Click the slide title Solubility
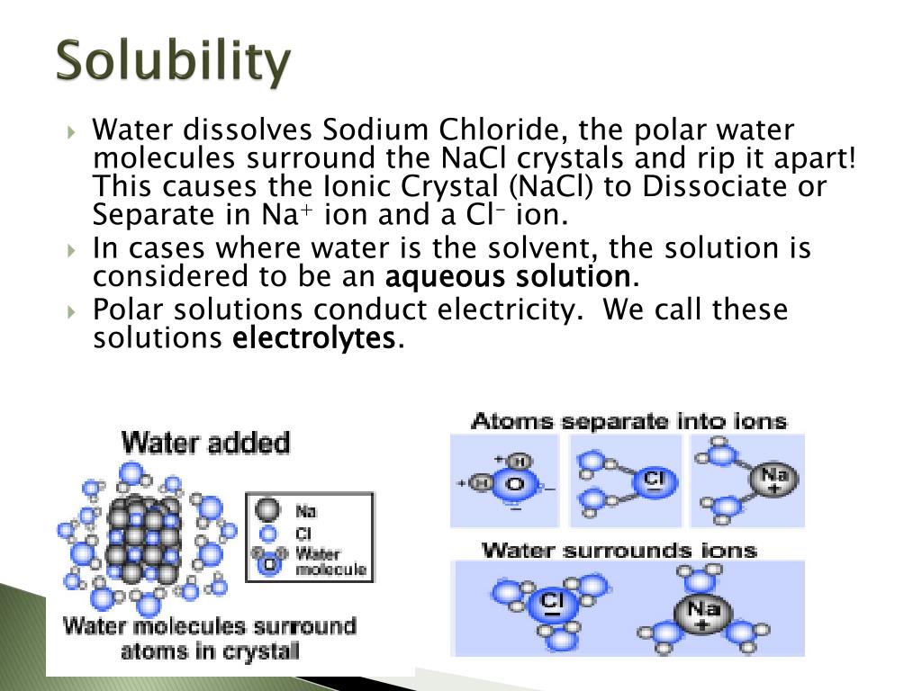174,62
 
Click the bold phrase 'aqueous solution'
508,275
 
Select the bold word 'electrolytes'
313,338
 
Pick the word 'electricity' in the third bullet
505,310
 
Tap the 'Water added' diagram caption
206,443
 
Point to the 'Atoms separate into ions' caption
628,421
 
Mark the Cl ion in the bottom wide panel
551,603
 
